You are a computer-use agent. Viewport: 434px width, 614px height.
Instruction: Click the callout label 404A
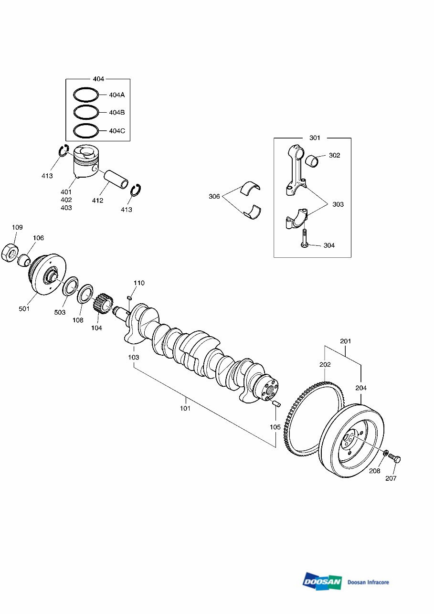[116, 95]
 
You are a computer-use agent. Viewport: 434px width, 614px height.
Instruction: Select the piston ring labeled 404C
[86, 130]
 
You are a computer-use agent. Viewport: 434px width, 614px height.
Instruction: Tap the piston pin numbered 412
[117, 179]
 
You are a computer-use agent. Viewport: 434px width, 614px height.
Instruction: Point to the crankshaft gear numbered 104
[103, 305]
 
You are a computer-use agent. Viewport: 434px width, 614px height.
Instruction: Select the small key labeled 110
[129, 298]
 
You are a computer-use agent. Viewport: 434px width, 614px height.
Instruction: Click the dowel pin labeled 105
[275, 404]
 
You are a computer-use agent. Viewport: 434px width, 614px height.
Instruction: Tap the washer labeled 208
[384, 453]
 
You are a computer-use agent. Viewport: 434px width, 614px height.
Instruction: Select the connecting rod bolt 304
[304, 238]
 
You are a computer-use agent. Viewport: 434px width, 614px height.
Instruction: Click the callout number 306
[214, 196]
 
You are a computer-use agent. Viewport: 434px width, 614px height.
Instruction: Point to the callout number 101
[185, 408]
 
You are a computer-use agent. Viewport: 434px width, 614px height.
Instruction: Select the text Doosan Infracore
[368, 582]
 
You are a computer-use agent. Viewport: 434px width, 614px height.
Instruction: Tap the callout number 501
[24, 309]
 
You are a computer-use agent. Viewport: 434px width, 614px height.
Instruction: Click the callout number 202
[325, 364]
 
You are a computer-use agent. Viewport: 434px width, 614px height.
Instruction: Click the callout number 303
[338, 204]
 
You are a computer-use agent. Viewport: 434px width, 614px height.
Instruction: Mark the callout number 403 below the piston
[66, 208]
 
